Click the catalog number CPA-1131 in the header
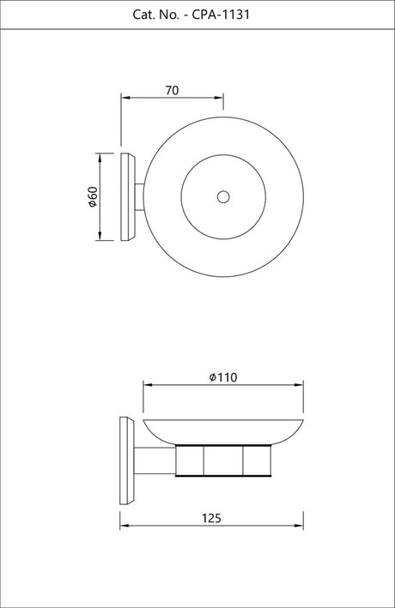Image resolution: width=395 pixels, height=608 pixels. pos(221,15)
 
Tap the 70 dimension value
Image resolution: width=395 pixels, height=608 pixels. pos(172,90)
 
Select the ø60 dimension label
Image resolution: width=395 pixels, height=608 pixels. pos(93,197)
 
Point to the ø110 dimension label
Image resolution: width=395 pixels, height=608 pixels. pos(223,377)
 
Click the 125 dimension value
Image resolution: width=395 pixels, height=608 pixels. pos(211,518)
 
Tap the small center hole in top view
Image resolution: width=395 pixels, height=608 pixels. pos(223,197)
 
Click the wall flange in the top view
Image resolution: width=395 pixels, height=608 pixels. pos(128,197)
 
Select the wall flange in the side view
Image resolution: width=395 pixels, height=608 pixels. pos(126,461)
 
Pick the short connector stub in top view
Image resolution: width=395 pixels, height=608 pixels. pos(139,197)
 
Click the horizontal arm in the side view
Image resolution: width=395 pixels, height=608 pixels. pos(155,461)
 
